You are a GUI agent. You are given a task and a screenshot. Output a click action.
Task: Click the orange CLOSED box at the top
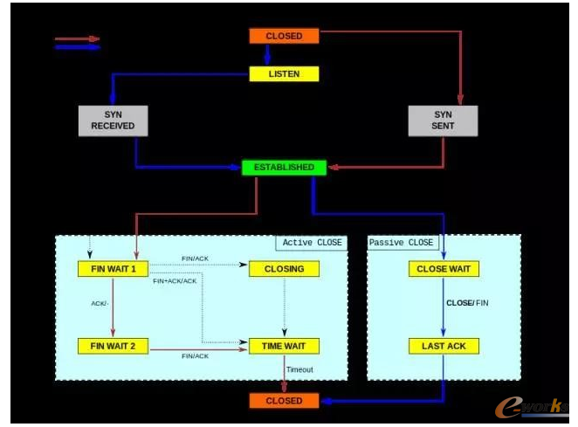[x=284, y=36]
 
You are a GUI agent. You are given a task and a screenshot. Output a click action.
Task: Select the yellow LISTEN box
[x=284, y=74]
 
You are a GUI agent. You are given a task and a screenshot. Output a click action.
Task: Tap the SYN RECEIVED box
[x=113, y=121]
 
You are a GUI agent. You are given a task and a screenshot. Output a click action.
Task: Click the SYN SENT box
[x=443, y=121]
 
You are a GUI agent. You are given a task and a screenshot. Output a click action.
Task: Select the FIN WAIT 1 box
[x=113, y=269]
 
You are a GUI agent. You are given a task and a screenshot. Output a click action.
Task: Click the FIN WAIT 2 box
[x=113, y=346]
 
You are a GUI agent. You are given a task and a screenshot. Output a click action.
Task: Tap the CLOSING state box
[x=284, y=269]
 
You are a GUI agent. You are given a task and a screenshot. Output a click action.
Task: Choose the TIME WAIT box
[x=284, y=346]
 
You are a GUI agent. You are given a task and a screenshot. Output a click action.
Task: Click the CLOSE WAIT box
[x=444, y=269]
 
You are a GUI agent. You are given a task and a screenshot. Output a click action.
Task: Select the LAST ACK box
[x=444, y=346]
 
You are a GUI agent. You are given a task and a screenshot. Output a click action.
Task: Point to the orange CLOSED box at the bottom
[x=284, y=401]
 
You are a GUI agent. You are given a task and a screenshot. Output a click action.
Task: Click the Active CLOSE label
[x=313, y=242]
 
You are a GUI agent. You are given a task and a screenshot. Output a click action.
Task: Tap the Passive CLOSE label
[x=401, y=242]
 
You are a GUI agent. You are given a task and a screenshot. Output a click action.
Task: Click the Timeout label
[x=299, y=369]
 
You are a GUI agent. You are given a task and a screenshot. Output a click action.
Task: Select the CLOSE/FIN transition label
[x=468, y=302]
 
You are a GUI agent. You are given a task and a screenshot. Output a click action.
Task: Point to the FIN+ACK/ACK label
[x=175, y=281]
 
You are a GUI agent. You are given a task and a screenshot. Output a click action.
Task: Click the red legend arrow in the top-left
[x=77, y=38]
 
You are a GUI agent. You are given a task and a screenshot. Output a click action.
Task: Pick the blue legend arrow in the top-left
[x=77, y=47]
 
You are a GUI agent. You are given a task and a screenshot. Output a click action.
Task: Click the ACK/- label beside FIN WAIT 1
[x=100, y=304]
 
